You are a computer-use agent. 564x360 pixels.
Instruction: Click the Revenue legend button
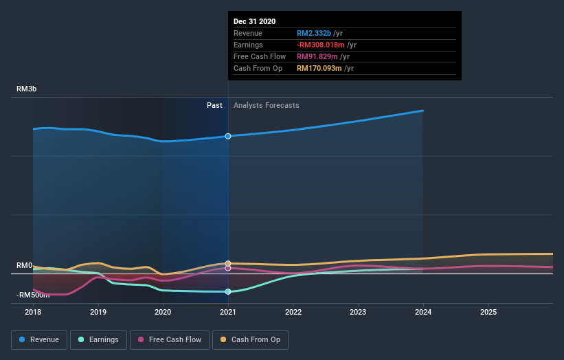point(39,339)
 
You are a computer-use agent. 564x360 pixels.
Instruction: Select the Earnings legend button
point(98,339)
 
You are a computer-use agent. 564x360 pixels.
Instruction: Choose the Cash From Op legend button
point(251,339)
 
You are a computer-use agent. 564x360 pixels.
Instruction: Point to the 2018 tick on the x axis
point(33,311)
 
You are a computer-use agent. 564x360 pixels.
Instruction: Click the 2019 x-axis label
point(98,311)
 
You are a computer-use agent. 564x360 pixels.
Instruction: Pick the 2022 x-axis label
point(293,311)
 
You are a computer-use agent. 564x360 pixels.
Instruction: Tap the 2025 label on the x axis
point(488,311)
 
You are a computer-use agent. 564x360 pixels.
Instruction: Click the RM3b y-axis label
point(27,89)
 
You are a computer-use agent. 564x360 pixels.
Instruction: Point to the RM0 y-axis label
point(25,265)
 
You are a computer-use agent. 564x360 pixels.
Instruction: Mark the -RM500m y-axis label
point(33,295)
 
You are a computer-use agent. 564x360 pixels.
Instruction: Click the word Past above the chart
point(214,105)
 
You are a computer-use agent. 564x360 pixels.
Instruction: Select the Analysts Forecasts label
point(267,105)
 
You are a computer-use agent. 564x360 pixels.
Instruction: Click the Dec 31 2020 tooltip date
point(254,21)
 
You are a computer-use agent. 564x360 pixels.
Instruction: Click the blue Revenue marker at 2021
point(228,136)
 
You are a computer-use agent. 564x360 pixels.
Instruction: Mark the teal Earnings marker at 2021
point(228,291)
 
